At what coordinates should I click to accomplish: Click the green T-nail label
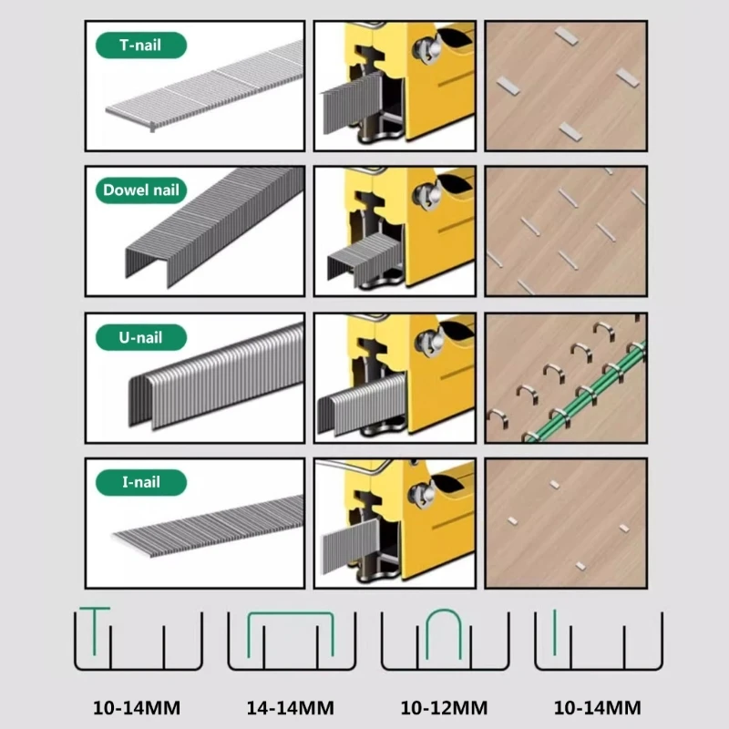point(141,45)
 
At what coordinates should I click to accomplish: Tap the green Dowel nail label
point(141,190)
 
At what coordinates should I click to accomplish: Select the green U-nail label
point(141,337)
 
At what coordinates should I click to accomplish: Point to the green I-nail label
point(141,482)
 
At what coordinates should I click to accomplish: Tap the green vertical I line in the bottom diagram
point(555,631)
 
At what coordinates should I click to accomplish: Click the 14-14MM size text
point(290,708)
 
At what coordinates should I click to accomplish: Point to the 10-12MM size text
point(444,708)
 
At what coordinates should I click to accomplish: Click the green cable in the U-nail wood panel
point(587,391)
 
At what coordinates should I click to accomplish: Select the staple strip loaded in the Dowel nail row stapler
point(364,259)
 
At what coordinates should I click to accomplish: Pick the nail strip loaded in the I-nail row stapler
point(351,546)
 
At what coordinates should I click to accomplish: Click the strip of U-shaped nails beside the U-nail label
point(216,376)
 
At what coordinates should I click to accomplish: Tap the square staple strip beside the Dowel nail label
point(214,227)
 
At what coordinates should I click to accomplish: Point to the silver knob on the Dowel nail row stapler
point(427,194)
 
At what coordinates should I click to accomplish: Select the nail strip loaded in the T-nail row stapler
point(352,102)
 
